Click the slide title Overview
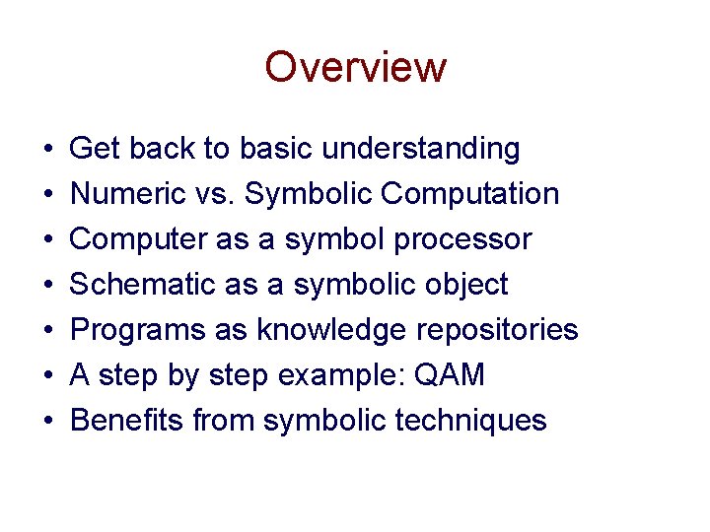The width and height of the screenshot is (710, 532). (x=355, y=68)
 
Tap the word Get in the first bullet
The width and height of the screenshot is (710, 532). (x=96, y=149)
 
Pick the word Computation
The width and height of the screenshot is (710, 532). (x=470, y=195)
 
